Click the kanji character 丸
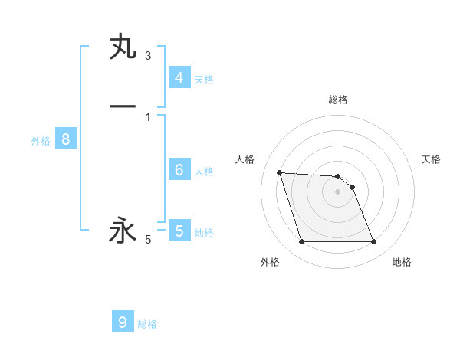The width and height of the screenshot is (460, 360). click(123, 47)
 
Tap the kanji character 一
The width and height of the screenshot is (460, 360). click(123, 106)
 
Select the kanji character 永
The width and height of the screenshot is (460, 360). click(123, 230)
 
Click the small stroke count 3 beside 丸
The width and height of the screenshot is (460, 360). click(148, 56)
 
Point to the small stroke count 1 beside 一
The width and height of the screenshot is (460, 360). click(148, 116)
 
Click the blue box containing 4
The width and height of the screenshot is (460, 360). click(179, 77)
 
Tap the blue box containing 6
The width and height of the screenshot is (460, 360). click(179, 169)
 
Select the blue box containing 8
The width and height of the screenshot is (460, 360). click(66, 139)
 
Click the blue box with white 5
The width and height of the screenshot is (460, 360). click(179, 231)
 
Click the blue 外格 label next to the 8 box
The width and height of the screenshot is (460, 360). click(41, 141)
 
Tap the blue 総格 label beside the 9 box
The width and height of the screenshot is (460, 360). click(147, 324)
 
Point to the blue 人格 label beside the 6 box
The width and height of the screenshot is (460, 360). click(205, 172)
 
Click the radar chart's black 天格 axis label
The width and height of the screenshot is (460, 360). click(432, 159)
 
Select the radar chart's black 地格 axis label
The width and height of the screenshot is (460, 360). click(402, 262)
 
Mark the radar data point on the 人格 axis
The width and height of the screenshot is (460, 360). click(280, 172)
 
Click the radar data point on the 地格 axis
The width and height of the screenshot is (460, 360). click(374, 242)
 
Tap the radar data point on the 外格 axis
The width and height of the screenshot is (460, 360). click(301, 242)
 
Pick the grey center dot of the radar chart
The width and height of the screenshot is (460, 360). click(338, 191)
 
